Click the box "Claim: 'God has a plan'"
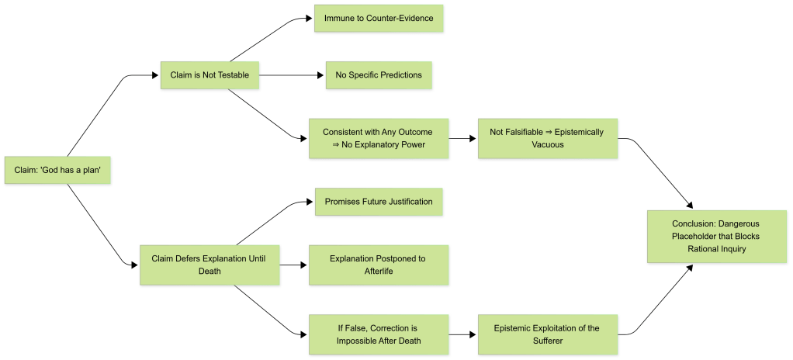tap(58, 170)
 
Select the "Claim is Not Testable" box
tap(210, 75)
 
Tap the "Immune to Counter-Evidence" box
tap(379, 18)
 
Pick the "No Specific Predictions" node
tap(379, 75)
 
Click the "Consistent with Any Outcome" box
tap(379, 138)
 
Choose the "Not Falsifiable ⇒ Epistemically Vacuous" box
tap(547, 138)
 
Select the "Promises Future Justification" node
tap(379, 202)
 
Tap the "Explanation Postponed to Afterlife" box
tap(379, 265)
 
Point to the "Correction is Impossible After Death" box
tap(379, 334)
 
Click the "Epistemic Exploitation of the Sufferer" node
tap(547, 334)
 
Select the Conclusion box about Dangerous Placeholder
tap(721, 236)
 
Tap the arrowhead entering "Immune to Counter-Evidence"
tap(309, 18)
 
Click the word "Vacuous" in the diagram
tap(547, 145)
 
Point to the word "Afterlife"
tap(379, 272)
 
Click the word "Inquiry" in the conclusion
tap(733, 249)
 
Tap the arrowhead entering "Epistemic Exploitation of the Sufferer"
tap(473, 334)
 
